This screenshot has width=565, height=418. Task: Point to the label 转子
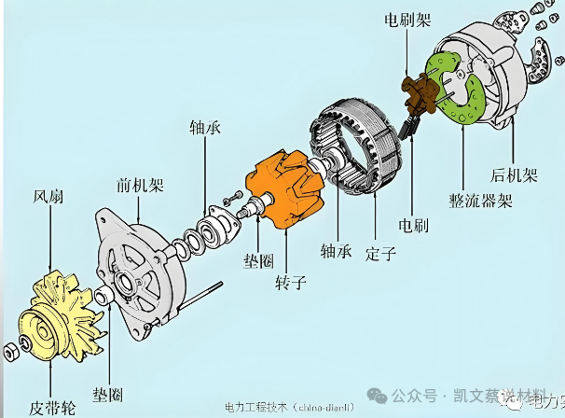287,280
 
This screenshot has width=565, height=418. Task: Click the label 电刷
414,225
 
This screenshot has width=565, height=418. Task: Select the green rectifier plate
453,90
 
